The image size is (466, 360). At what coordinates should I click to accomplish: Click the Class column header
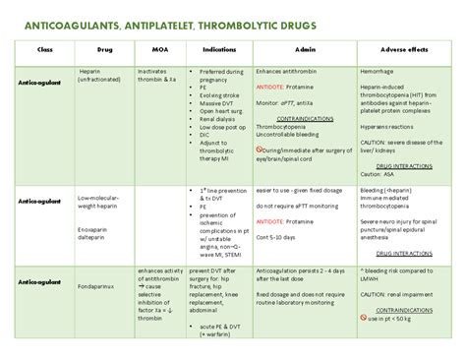(44, 47)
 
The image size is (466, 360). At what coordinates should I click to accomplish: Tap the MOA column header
(158, 47)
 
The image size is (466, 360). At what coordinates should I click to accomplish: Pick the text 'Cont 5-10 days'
(280, 238)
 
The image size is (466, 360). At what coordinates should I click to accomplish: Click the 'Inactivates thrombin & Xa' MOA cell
(158, 76)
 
